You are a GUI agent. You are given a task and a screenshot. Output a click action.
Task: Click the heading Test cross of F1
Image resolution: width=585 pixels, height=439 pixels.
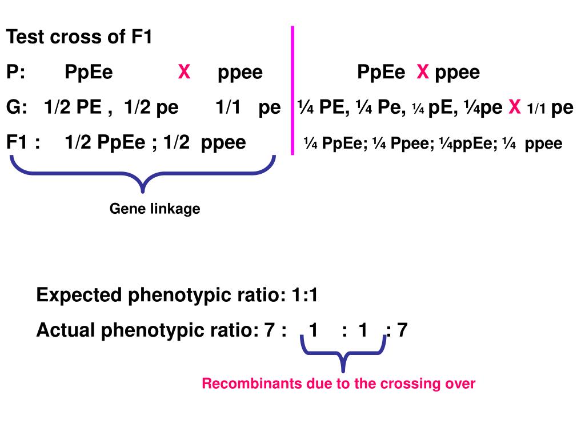tap(79, 38)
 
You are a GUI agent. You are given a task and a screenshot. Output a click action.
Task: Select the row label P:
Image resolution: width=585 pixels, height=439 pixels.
tap(17, 73)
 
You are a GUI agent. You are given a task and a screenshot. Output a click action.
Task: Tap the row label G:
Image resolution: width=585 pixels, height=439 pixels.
tap(18, 107)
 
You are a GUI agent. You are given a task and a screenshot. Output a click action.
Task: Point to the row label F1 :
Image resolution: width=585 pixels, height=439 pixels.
tap(23, 142)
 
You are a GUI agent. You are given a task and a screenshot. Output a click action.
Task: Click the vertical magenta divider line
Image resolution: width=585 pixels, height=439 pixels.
tap(292, 90)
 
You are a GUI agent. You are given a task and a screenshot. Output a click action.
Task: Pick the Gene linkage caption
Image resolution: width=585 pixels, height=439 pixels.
tap(155, 209)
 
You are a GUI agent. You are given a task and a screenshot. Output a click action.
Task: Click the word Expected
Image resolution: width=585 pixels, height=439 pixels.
tap(79, 296)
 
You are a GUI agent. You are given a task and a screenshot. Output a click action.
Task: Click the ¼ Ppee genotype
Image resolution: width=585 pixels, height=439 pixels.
tap(408, 143)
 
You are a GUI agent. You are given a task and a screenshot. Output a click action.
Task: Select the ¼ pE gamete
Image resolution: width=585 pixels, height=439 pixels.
tap(430, 107)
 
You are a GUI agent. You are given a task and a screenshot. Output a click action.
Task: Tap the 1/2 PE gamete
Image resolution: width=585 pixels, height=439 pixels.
tap(73, 107)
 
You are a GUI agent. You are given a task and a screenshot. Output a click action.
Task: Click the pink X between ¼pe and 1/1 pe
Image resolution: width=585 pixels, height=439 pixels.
tap(515, 107)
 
